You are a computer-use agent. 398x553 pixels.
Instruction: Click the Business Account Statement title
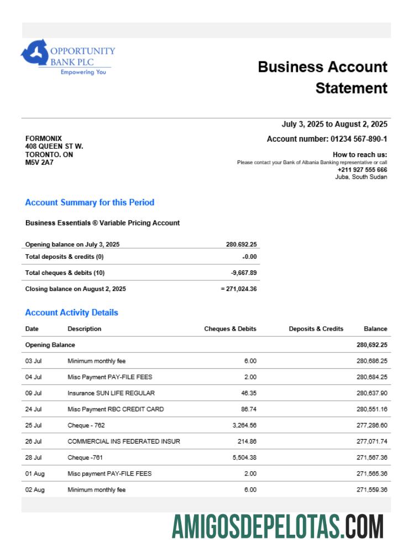click(323, 77)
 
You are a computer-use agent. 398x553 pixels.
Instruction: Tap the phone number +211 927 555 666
click(362, 170)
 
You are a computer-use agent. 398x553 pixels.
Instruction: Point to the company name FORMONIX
click(44, 138)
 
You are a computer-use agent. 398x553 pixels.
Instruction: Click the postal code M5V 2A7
click(39, 163)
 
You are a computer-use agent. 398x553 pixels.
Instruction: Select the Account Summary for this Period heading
click(90, 202)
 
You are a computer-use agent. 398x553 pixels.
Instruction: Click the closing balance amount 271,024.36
click(240, 289)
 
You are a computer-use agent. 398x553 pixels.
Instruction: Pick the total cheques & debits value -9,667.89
click(244, 273)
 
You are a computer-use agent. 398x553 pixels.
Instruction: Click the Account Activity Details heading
click(71, 312)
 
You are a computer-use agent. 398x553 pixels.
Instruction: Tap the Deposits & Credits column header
click(316, 328)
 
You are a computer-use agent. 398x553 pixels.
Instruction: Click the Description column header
click(85, 328)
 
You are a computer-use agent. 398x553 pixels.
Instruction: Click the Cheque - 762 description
click(86, 425)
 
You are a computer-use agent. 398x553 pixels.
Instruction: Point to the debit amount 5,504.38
click(244, 457)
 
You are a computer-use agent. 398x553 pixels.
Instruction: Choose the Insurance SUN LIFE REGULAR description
click(111, 393)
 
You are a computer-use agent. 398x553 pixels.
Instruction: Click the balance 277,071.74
click(371, 441)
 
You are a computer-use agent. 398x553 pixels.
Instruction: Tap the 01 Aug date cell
click(34, 473)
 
